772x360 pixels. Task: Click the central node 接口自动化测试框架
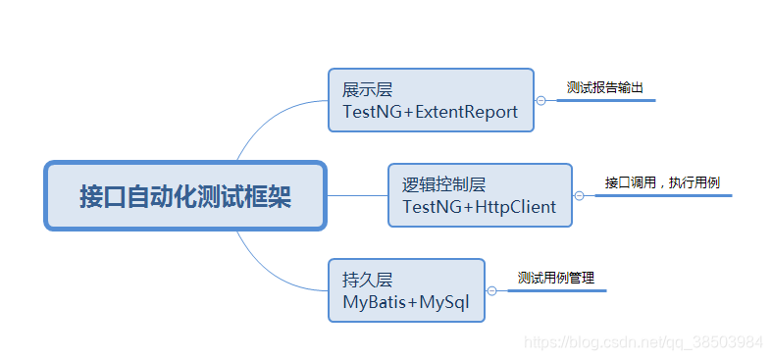(x=185, y=195)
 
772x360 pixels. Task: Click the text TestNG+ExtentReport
(x=430, y=112)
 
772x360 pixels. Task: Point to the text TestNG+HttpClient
(x=479, y=207)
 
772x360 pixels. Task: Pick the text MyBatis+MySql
(x=405, y=303)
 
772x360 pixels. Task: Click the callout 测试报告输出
(x=605, y=87)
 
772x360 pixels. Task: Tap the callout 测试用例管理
(x=556, y=278)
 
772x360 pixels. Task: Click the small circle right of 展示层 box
(x=540, y=100)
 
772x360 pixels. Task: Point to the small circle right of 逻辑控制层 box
(x=579, y=195)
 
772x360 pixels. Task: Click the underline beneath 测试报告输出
(x=605, y=100)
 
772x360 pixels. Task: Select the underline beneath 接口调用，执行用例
(x=663, y=195)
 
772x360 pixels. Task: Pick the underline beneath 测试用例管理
(x=556, y=290)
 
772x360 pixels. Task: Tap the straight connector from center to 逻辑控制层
(x=356, y=195)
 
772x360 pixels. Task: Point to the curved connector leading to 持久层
(x=265, y=271)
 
